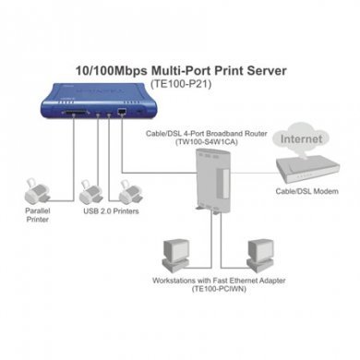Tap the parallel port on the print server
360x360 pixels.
tap(50, 114)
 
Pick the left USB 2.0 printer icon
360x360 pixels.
tap(91, 191)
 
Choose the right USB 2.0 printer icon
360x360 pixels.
tap(128, 191)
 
